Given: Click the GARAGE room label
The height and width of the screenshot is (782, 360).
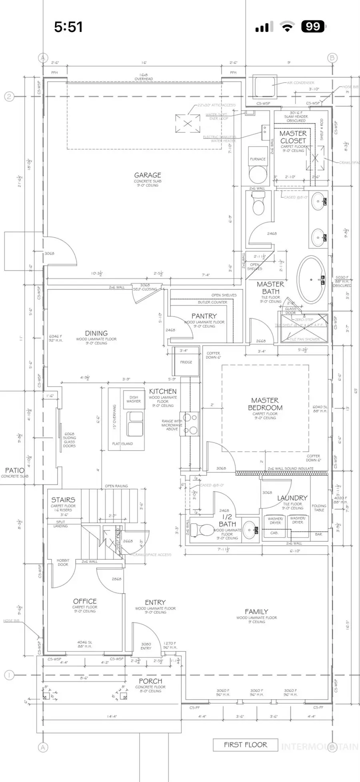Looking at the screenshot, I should point(148,175).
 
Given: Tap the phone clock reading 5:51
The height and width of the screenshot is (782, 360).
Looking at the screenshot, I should point(68,27).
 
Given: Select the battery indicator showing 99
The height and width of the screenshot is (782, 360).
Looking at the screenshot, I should point(313,27).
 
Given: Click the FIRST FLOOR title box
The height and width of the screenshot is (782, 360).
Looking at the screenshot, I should point(245,744).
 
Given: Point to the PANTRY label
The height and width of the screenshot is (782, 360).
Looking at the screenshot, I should point(204,316).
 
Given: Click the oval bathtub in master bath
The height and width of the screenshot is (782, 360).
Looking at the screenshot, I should point(311,279).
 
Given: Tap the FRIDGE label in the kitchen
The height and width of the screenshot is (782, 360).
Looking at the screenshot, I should point(186,362).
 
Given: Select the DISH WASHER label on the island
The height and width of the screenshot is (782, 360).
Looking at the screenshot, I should point(134,399).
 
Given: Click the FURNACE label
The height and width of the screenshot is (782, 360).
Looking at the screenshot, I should point(258,159).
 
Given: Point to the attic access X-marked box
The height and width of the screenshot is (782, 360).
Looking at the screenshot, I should point(187,123).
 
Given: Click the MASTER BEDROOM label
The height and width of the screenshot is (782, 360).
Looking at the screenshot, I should point(265,404).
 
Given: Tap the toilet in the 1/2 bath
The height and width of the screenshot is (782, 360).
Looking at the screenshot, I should point(202,530).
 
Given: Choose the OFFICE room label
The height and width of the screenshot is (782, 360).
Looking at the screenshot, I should point(85,601).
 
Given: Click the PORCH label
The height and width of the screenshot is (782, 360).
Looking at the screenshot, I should point(150,681).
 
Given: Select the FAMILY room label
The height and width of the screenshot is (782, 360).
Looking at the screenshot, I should point(256,611).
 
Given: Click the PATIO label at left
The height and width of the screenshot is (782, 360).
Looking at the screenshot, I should point(14,470).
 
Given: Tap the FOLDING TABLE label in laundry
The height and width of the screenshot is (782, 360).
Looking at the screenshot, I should point(319,508).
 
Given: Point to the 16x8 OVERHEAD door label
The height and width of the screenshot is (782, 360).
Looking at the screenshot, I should point(144,77).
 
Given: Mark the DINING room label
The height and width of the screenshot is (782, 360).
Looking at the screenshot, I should point(96,333).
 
